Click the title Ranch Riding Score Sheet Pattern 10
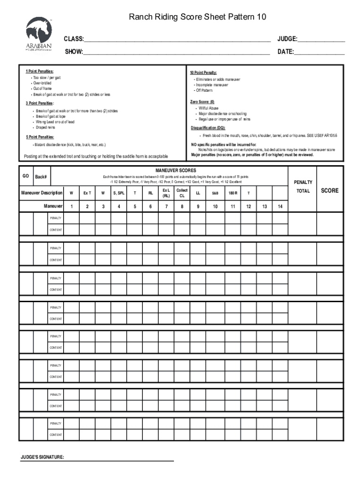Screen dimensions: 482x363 198,17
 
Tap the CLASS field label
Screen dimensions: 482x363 74,39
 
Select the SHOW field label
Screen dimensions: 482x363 74,51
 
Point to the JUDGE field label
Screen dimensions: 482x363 288,39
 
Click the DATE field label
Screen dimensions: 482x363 286,51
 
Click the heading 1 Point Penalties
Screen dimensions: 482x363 40,71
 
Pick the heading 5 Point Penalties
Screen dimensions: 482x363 40,137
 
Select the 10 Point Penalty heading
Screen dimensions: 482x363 203,73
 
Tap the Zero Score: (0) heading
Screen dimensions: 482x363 202,102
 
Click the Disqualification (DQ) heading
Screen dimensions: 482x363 208,128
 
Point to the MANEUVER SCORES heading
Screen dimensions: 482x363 175,170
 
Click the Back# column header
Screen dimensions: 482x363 41,177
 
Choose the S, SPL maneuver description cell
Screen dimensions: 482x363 119,193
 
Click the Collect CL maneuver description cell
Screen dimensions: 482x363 182,193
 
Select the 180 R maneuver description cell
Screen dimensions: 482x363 232,193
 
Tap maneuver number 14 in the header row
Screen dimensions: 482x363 280,206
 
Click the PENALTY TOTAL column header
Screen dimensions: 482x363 303,186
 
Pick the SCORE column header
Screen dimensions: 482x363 330,191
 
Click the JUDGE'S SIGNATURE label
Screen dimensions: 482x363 42,458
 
